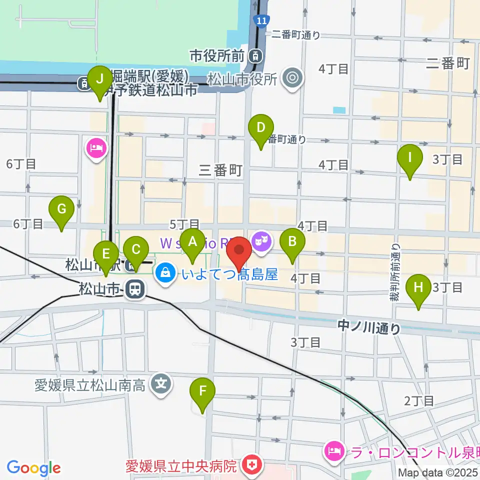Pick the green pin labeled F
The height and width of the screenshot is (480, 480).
202,391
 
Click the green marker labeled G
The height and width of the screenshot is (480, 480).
61,209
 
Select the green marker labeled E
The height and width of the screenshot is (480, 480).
106,253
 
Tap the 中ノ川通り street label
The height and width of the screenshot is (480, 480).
369,328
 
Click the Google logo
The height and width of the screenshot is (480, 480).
33,468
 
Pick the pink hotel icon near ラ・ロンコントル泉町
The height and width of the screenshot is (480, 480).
332,451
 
